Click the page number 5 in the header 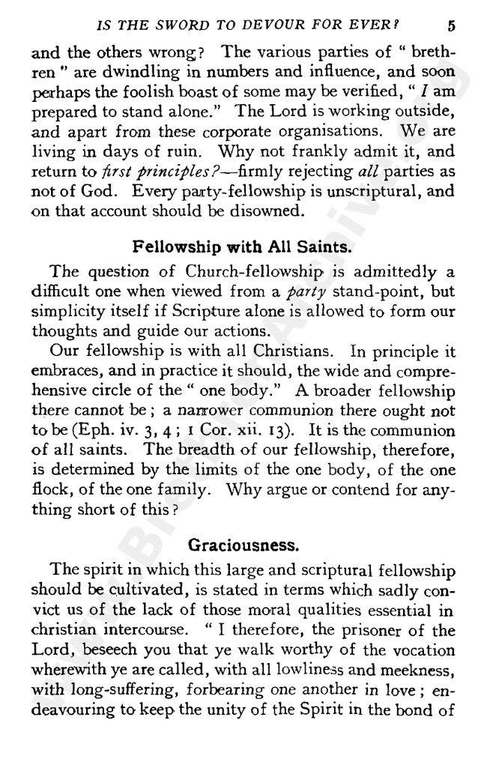[451, 25]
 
